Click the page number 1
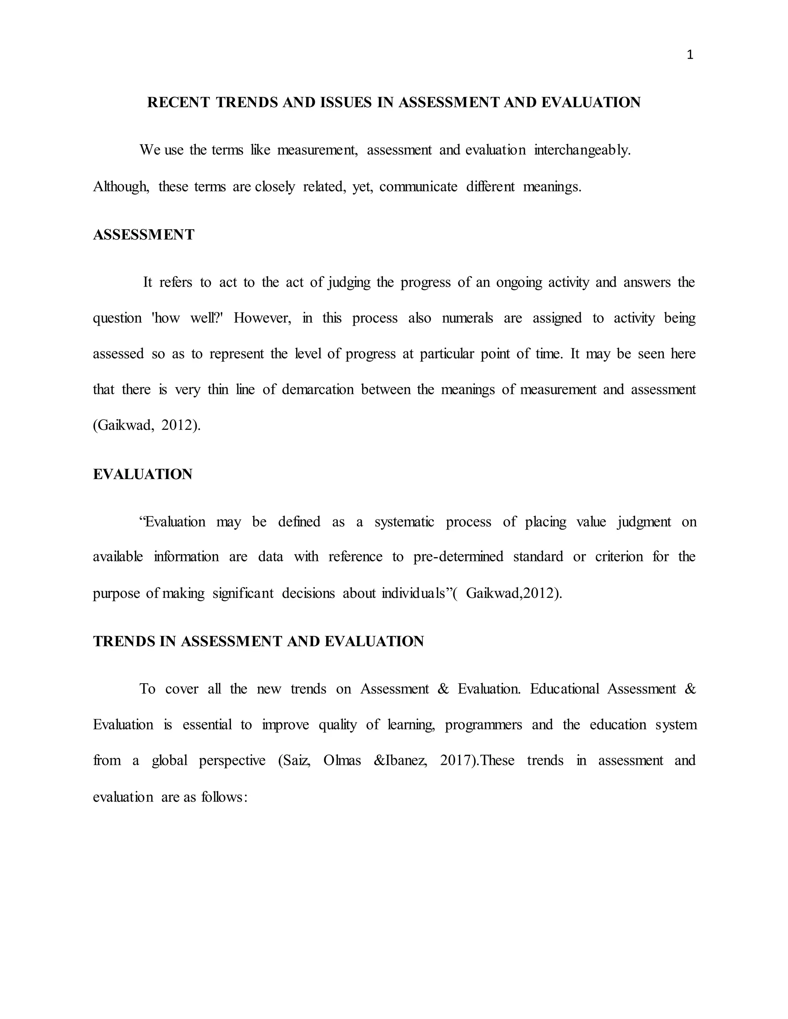coord(690,55)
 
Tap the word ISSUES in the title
coord(346,103)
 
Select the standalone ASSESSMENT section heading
coord(143,235)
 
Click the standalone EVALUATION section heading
coord(142,475)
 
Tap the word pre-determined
coord(458,557)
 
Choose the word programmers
coord(483,724)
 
